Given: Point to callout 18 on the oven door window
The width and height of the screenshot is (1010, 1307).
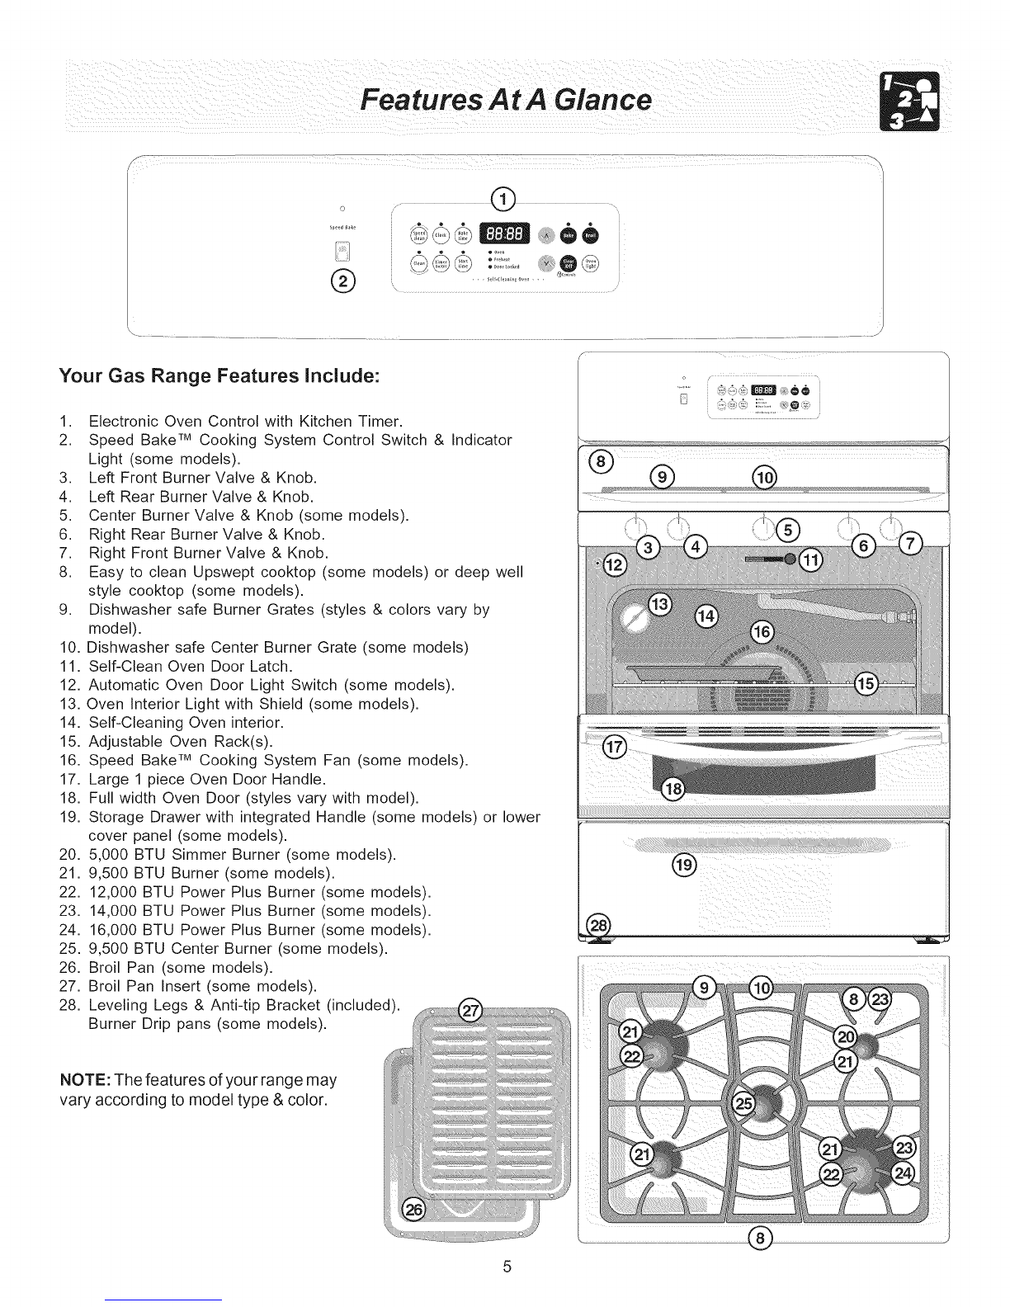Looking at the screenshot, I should click(673, 790).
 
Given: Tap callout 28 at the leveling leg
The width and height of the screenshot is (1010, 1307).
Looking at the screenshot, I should click(595, 926).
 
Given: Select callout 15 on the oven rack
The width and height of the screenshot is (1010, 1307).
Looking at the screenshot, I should click(866, 684).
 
